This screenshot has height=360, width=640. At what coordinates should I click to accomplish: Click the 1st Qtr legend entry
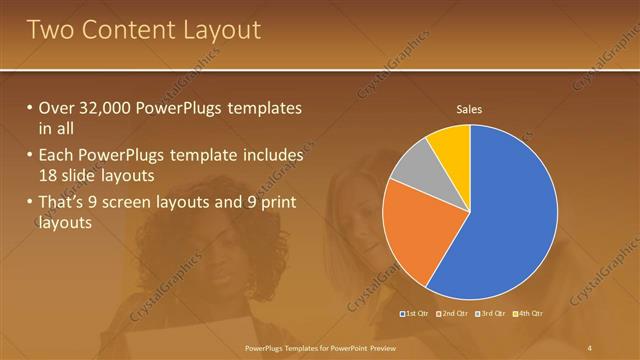(x=416, y=314)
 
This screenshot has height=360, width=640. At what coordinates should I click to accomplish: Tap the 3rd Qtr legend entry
(x=490, y=314)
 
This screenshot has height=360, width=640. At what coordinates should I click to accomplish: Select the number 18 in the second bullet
(x=50, y=176)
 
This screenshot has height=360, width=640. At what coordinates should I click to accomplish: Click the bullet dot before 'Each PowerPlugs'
(x=30, y=157)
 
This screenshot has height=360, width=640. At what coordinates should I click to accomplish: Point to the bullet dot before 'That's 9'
(x=30, y=204)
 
